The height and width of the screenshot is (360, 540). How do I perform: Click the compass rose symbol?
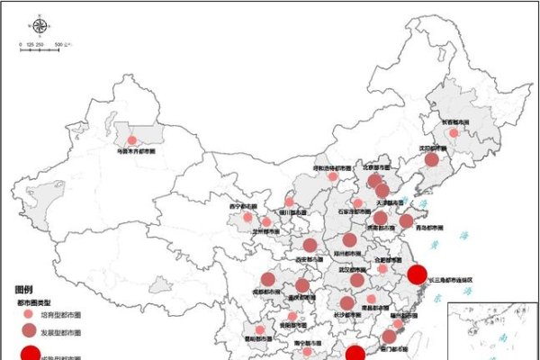[38, 25]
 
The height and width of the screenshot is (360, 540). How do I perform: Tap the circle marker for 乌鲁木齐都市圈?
[131, 140]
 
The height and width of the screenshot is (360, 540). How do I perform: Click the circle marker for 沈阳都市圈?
[432, 159]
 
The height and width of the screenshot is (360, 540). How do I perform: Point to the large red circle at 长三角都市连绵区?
[416, 274]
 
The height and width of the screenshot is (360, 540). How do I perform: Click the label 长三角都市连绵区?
[450, 280]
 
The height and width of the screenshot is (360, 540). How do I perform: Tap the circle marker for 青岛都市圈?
[406, 220]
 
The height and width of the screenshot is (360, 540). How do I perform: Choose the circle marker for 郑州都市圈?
[350, 240]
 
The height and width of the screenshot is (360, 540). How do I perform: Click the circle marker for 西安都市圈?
[310, 246]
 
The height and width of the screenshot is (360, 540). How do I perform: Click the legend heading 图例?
[24, 290]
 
